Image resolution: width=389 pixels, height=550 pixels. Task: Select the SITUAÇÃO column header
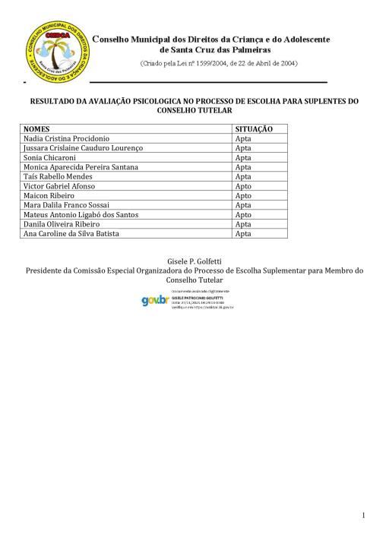coord(254,130)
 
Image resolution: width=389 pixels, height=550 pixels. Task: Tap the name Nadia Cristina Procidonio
coord(68,138)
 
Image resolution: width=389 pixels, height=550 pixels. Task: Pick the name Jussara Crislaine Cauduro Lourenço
coord(84,147)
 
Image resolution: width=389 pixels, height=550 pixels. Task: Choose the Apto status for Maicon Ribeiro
coord(243,195)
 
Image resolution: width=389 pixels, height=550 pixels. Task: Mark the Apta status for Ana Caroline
coord(243,234)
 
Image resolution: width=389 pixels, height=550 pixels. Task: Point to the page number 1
coord(364,516)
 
